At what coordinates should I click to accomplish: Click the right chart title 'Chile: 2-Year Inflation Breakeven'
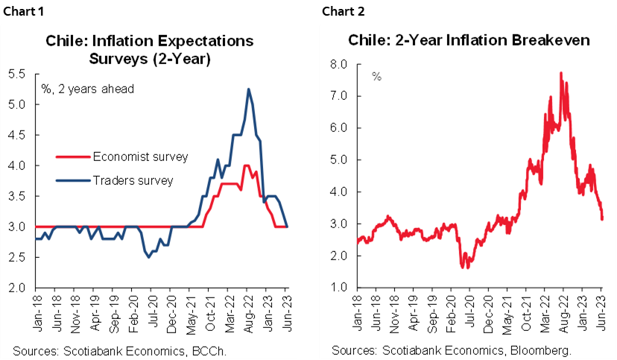(462, 40)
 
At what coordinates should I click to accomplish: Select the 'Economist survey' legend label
(140, 157)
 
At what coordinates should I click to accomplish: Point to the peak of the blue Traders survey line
(247, 89)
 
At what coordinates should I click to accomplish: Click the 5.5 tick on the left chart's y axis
(17, 74)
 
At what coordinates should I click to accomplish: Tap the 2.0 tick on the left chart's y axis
(17, 288)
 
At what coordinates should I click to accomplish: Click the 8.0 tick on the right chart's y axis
(339, 65)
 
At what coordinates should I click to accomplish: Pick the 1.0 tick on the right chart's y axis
(339, 288)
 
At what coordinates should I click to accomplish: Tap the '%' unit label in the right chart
(376, 77)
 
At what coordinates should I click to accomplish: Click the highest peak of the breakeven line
(560, 73)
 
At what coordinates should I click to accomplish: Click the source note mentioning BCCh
(107, 350)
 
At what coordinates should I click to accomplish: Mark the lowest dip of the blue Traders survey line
(149, 257)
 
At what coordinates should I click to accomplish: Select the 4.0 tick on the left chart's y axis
(17, 165)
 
